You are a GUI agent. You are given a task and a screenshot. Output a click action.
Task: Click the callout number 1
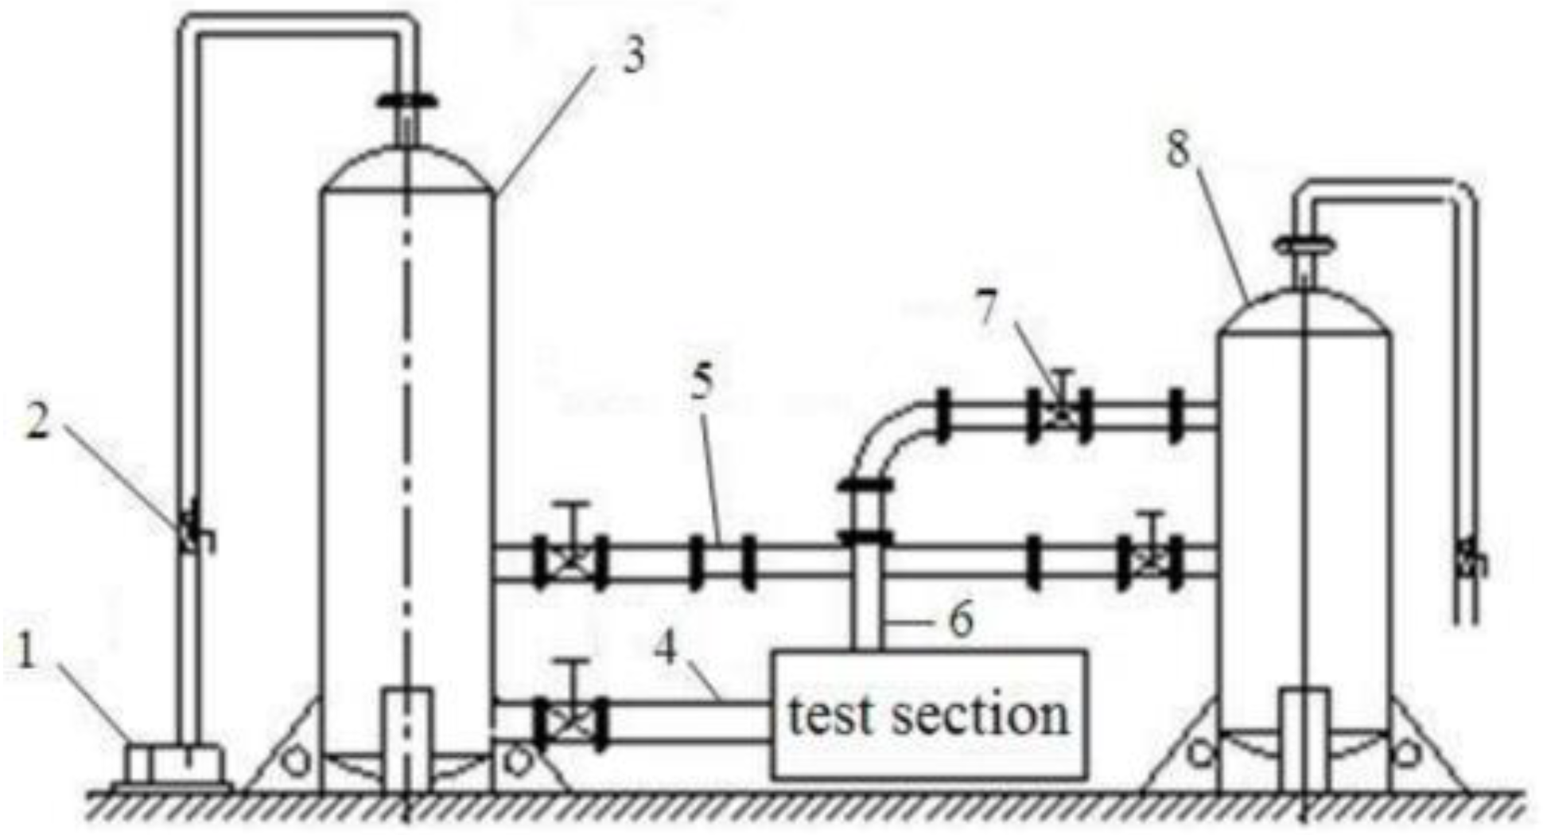(x=28, y=654)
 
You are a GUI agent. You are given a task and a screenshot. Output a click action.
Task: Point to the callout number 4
(x=667, y=649)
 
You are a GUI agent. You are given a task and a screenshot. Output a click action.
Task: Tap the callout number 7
(x=986, y=310)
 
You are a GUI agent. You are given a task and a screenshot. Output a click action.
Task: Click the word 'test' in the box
(x=829, y=715)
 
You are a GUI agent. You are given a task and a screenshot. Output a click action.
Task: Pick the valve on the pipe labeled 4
(x=571, y=723)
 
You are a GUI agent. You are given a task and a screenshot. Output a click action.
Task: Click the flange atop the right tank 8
(x=1304, y=244)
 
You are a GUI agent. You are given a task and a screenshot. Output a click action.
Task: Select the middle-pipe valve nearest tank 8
(x=1149, y=561)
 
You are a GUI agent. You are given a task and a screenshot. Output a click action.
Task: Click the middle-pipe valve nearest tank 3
(x=571, y=561)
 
